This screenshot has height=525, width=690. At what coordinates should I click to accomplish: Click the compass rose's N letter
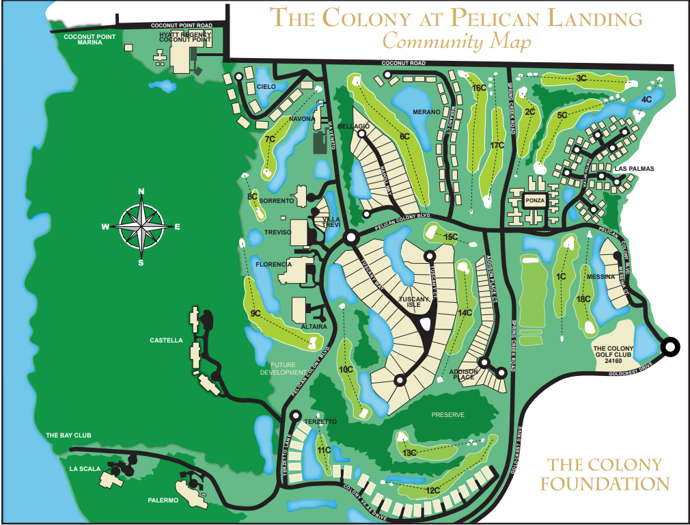click(141, 191)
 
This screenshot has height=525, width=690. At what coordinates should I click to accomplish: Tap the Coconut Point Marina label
click(89, 39)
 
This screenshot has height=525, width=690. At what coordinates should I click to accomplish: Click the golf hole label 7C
click(270, 139)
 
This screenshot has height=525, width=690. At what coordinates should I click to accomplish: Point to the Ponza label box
click(534, 201)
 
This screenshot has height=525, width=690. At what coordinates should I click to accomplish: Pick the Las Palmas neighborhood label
click(634, 168)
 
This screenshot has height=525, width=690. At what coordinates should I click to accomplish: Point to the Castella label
click(166, 340)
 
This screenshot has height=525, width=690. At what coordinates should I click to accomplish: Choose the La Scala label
click(85, 469)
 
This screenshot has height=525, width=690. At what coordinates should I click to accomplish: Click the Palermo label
click(163, 500)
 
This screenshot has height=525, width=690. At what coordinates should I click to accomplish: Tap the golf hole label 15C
click(450, 237)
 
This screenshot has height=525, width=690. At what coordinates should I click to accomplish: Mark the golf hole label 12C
click(432, 490)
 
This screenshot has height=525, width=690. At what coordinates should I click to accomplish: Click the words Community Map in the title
click(456, 41)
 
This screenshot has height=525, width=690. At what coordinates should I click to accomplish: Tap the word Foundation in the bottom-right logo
click(605, 484)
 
